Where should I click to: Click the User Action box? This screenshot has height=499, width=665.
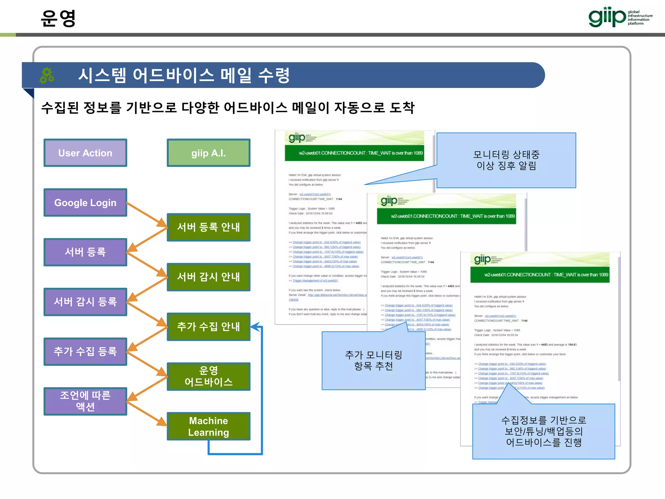coord(85,153)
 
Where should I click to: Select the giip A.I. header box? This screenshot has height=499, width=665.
coord(208,153)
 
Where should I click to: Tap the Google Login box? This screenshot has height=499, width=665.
coord(85,203)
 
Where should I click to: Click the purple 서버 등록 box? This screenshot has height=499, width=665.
coord(85,252)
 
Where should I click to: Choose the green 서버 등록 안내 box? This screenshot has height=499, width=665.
coord(208,227)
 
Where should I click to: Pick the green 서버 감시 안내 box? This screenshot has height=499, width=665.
coord(208,277)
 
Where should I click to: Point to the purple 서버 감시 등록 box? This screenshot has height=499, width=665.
coord(85,302)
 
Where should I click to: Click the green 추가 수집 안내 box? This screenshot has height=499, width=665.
coord(208,326)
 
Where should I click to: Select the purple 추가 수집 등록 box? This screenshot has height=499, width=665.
coord(85,352)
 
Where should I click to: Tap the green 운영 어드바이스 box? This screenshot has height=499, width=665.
coord(208,376)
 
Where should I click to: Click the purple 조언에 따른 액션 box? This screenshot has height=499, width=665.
coord(85,401)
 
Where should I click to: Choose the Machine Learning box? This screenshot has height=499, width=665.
coord(208,426)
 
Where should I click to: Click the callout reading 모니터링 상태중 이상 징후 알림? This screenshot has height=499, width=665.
coord(506,160)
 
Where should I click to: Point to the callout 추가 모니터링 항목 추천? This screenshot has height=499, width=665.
coord(373,361)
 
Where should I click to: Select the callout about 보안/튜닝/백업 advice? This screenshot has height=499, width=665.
coord(544,431)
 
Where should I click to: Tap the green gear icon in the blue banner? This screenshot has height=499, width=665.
coord(47,75)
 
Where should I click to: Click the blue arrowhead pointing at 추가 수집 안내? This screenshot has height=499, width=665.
coord(256,326)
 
